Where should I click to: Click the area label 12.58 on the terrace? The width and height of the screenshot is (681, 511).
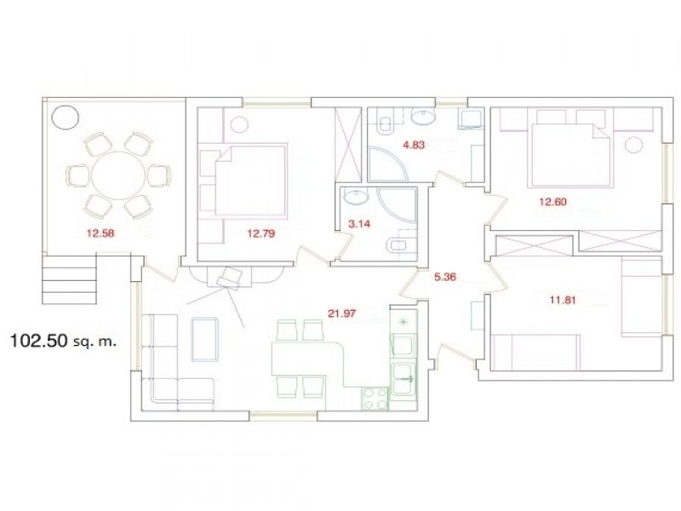100,233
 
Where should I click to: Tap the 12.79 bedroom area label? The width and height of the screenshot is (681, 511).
261,233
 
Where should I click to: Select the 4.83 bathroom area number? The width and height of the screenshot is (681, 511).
414,145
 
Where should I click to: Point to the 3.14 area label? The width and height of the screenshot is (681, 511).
359,224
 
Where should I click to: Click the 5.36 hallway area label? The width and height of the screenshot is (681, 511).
445,276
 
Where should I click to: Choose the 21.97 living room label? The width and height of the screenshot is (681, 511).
342,313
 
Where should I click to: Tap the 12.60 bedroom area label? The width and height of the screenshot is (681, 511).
552,202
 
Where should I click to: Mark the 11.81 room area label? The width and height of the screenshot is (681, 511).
563,300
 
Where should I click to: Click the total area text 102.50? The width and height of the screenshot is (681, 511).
38,341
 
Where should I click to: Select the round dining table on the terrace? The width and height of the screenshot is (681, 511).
118,175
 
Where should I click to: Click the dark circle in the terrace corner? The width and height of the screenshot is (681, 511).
66,117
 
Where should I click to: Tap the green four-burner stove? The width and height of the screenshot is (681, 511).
375,398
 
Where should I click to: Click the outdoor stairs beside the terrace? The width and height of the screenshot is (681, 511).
69,279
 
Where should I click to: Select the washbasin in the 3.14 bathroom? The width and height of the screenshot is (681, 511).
356,197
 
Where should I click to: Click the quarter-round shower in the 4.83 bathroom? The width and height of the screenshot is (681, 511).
388,164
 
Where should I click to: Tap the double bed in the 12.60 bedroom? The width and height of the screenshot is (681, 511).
569,156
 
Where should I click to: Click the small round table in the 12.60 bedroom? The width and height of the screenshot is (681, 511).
634,145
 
